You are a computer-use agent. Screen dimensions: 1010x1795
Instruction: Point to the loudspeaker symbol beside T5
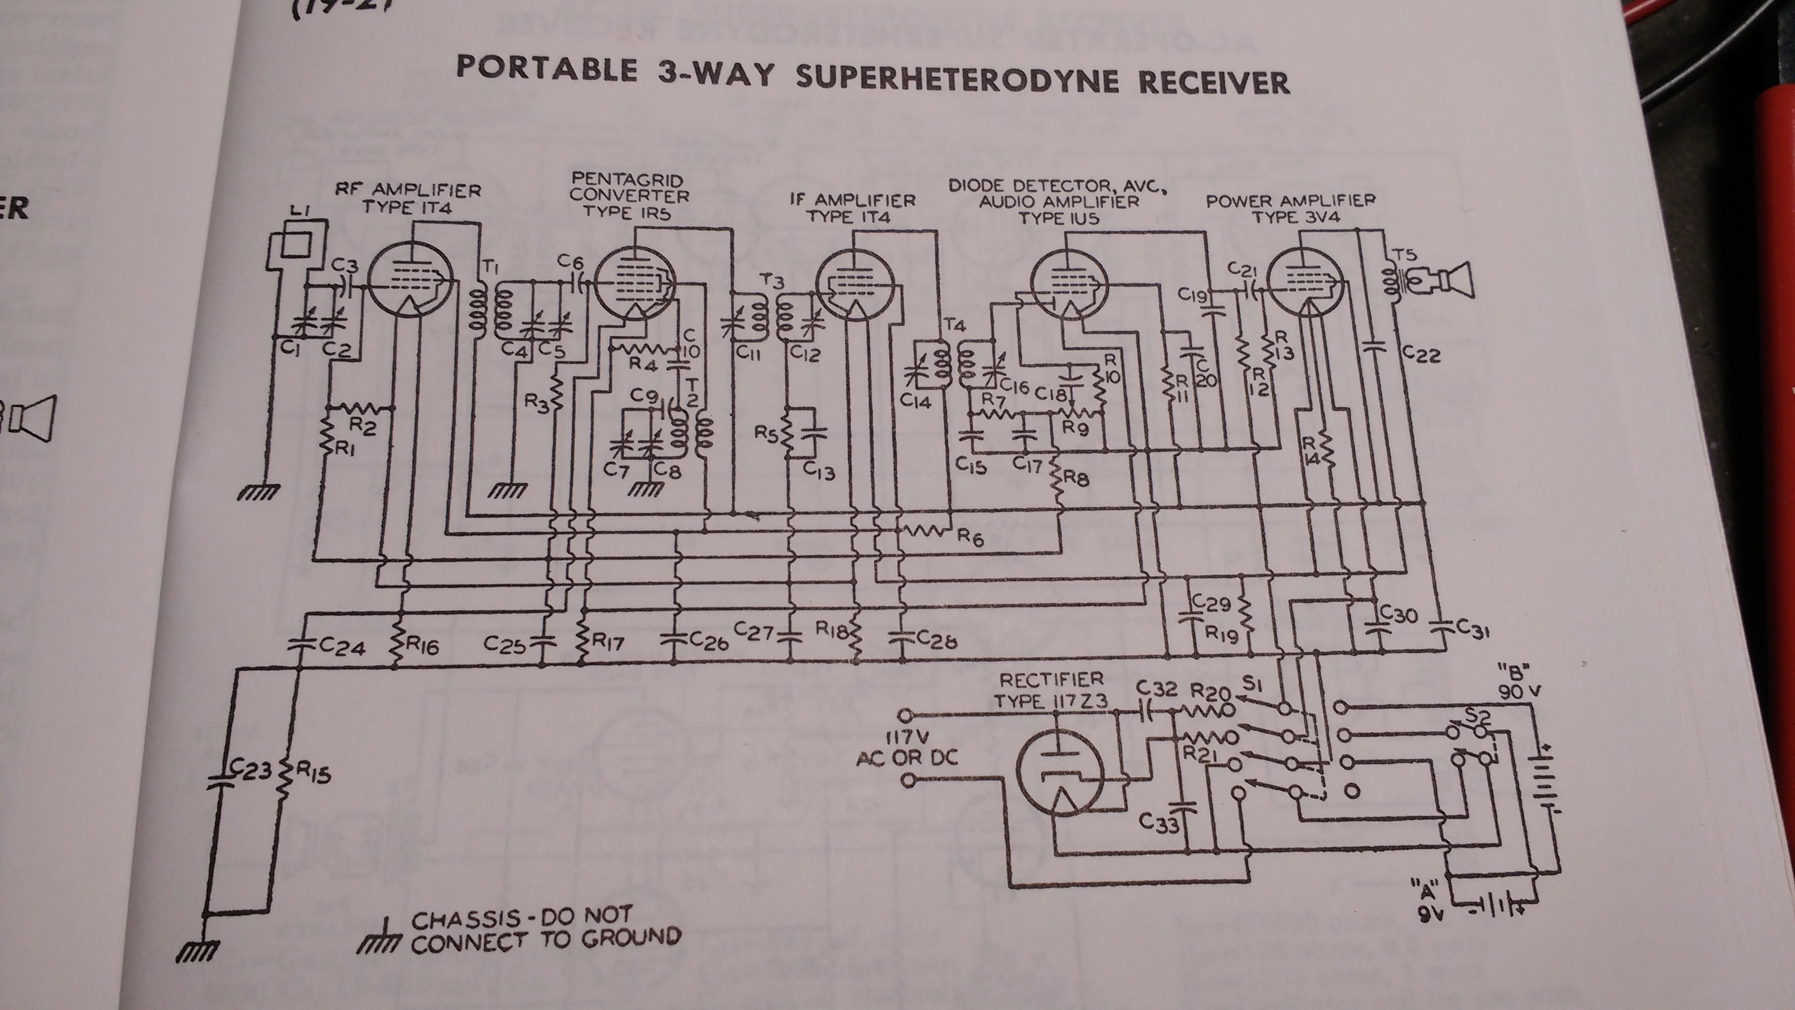click(x=1449, y=280)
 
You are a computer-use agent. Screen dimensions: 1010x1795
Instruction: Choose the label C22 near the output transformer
click(x=1420, y=356)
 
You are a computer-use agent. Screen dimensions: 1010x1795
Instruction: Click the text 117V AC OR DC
click(x=906, y=747)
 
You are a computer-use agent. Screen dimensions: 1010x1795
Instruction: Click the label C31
click(x=1469, y=631)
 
